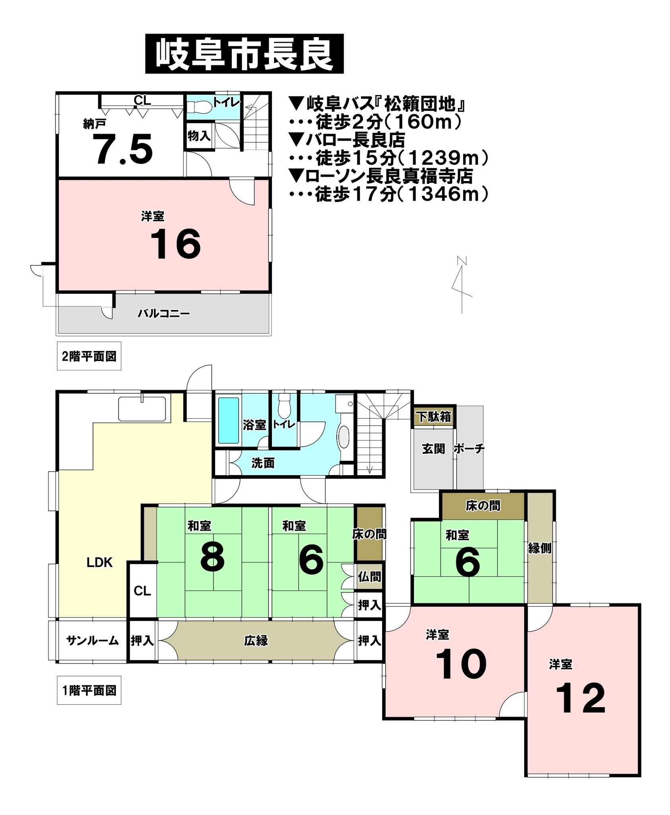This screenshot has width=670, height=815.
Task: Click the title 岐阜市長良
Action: [244, 54]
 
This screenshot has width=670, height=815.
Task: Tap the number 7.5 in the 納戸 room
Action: [124, 149]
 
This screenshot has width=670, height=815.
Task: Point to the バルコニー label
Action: [164, 314]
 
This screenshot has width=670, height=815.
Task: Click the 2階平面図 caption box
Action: [89, 356]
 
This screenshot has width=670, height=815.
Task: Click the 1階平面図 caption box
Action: [89, 690]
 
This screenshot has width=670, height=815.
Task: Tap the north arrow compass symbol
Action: [461, 285]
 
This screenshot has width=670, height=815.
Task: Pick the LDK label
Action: [100, 563]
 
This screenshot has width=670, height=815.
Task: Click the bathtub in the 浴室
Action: [229, 420]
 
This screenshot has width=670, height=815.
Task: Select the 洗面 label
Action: [263, 463]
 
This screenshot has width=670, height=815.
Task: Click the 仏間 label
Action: [369, 577]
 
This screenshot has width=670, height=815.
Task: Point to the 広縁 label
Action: [256, 641]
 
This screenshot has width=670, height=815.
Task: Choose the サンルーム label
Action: [93, 641]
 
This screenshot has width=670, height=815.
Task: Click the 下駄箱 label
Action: [433, 417]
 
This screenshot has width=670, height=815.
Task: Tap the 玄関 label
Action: [433, 449]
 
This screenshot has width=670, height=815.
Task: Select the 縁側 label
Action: [540, 548]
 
